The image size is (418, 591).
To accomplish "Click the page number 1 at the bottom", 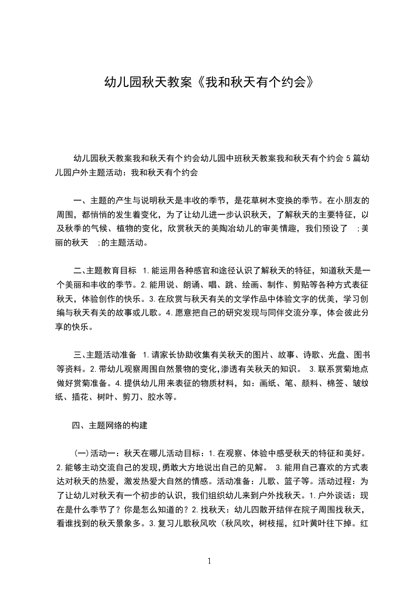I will (x=209, y=561).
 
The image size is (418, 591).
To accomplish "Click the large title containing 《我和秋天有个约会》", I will (x=209, y=82).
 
